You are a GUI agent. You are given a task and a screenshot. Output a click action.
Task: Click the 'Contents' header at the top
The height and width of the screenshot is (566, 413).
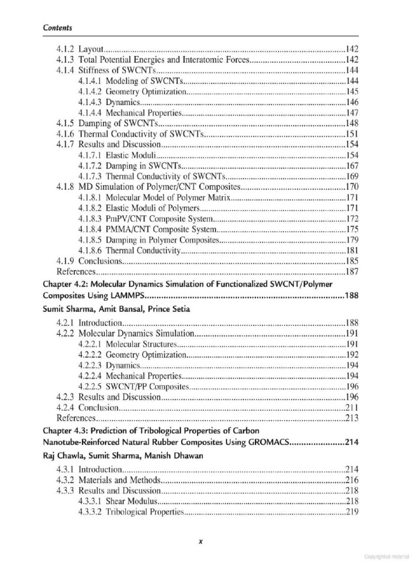coord(58,28)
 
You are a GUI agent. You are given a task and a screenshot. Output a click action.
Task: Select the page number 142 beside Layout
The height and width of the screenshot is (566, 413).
coord(352,49)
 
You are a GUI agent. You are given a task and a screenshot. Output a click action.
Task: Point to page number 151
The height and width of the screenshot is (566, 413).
coord(352,134)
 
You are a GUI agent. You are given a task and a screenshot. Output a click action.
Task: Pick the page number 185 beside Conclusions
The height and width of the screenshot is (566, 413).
coord(352,261)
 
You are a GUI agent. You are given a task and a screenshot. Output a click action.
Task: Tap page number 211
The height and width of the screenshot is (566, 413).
coord(352,408)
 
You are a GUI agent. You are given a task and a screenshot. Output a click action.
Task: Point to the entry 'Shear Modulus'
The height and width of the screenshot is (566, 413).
coord(130,501)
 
